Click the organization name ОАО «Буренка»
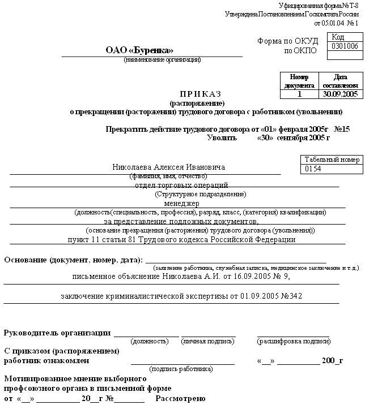[139, 50]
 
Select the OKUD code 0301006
[345, 46]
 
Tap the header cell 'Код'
[337, 37]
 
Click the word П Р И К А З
[200, 93]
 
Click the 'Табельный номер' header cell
[332, 160]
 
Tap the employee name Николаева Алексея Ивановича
[161, 167]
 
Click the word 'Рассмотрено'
[179, 399]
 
